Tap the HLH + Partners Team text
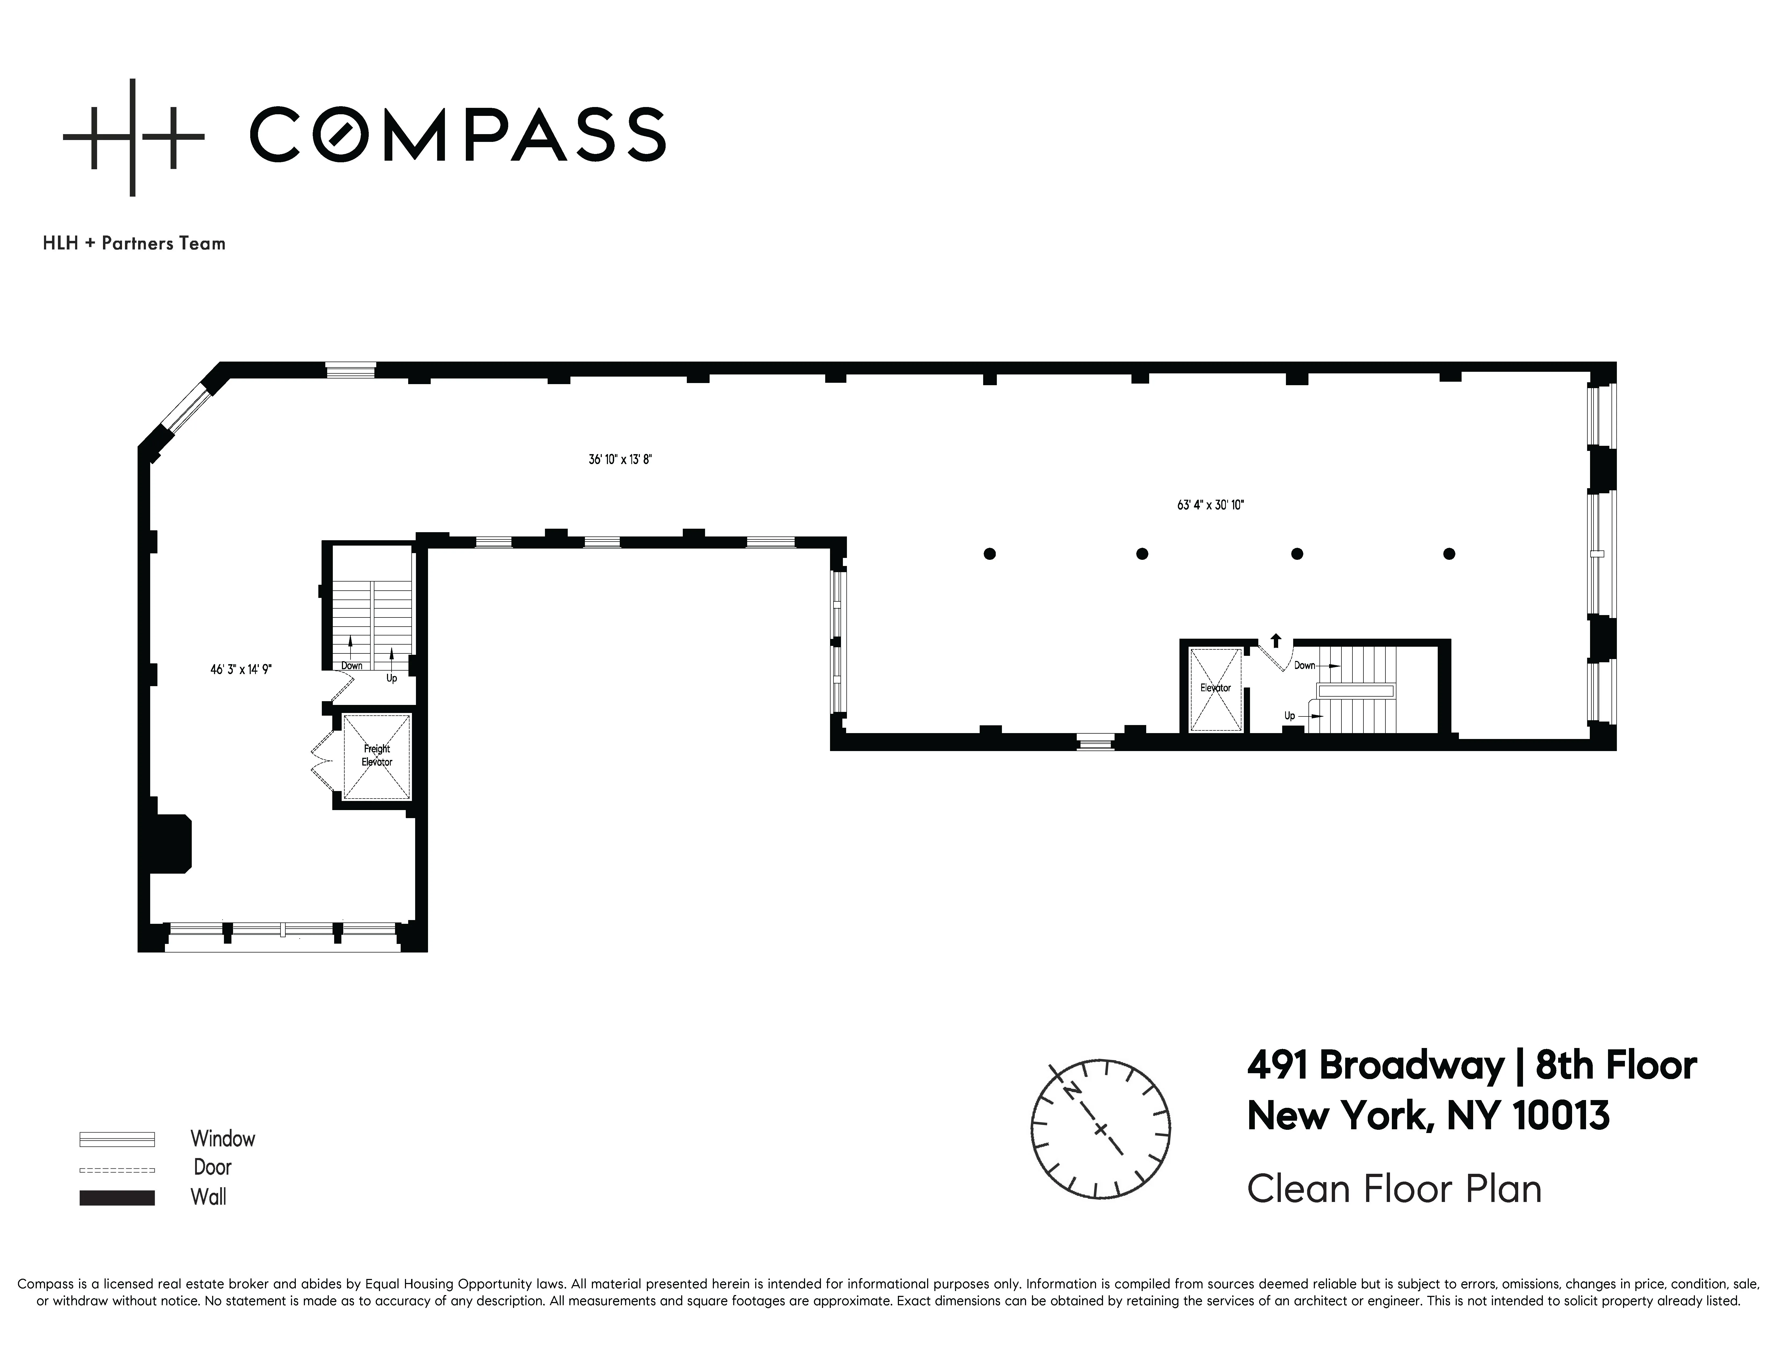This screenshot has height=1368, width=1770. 134,243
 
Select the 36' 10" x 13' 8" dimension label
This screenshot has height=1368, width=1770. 620,459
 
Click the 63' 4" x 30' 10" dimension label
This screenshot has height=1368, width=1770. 1210,505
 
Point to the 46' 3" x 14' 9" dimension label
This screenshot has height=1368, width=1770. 241,670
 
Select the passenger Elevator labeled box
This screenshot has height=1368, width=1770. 1215,688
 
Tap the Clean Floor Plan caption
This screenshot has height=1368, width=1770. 1394,1189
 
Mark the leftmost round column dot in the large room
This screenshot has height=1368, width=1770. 990,554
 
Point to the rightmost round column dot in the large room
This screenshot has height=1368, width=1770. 1449,554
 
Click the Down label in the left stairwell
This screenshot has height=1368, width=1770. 352,665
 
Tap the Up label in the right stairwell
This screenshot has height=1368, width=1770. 1289,716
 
